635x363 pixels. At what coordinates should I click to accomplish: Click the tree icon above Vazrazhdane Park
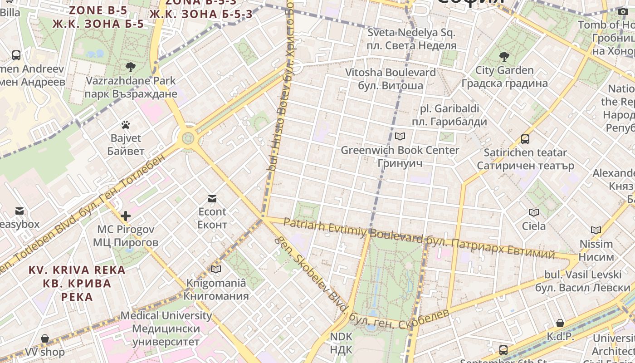(131, 68)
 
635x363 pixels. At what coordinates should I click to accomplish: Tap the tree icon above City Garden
(504, 57)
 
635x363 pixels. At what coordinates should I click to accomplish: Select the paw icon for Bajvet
(126, 124)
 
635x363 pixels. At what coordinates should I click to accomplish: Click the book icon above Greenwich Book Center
(400, 136)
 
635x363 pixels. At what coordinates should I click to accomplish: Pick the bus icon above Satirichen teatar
(525, 139)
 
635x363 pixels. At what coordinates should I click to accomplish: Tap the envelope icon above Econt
(212, 198)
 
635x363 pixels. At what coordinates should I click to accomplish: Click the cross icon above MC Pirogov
(126, 216)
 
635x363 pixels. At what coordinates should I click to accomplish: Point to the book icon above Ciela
(534, 212)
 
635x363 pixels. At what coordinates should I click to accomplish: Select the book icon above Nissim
(596, 231)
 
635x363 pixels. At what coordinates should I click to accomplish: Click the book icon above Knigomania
(216, 270)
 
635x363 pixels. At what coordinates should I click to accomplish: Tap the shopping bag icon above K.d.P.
(560, 323)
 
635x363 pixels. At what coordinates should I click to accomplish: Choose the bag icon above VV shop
(45, 338)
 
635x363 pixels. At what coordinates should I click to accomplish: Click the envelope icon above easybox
(20, 211)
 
